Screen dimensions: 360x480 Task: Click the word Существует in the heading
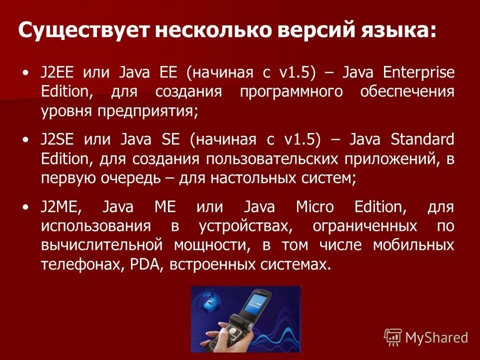[x=83, y=31]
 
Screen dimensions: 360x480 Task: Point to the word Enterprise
[x=419, y=73]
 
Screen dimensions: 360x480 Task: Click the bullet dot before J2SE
[x=26, y=140]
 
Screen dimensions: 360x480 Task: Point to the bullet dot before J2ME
[x=26, y=206]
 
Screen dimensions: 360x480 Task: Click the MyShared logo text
[x=436, y=338]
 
